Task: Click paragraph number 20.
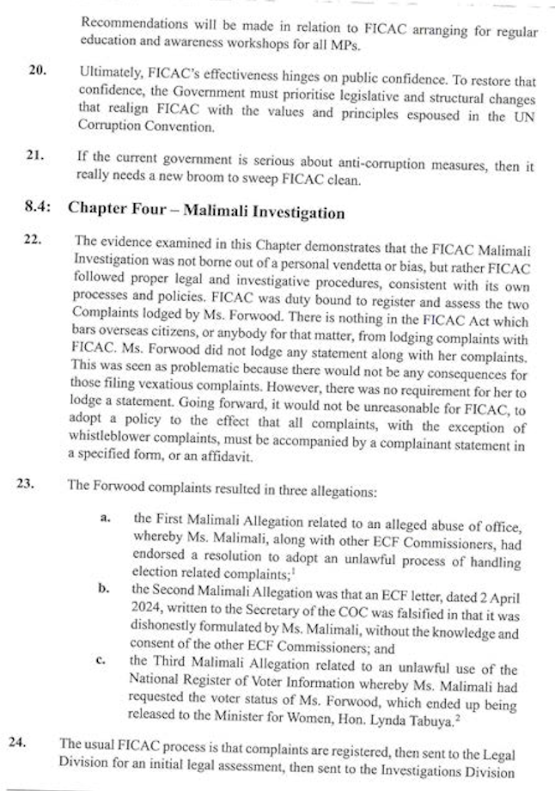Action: point(37,70)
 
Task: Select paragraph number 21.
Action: point(34,156)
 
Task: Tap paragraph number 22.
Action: point(33,240)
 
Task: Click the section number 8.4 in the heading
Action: point(39,211)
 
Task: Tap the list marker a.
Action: point(106,518)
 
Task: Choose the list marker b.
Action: point(104,588)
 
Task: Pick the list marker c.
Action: point(101,660)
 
